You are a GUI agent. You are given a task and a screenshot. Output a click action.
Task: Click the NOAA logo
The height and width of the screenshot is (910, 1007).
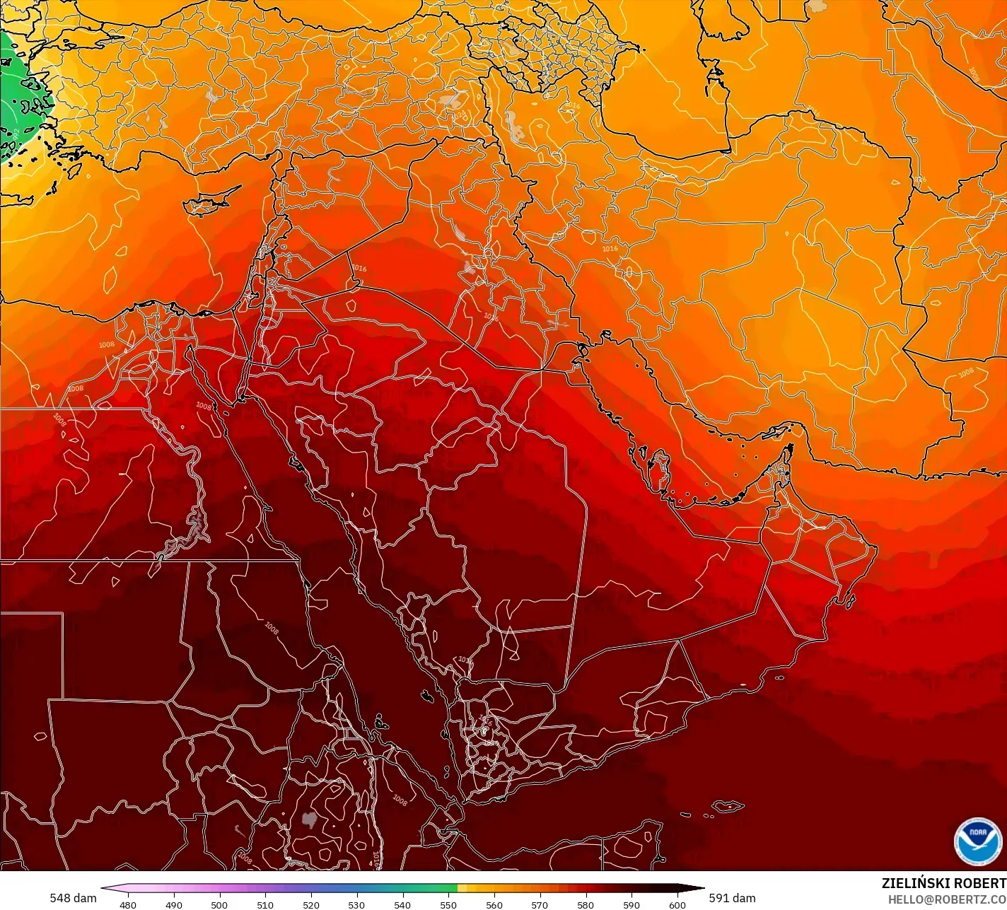[x=977, y=841]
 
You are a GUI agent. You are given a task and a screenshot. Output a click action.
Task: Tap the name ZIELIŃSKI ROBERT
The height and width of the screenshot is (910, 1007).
[x=943, y=884]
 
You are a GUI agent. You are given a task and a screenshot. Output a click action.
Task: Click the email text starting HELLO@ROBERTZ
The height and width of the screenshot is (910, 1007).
[x=947, y=899]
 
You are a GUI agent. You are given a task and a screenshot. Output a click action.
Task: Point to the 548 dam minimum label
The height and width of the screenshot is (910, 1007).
[x=73, y=898]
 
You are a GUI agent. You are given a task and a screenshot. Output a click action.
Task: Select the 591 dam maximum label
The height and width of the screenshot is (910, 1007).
[x=732, y=898]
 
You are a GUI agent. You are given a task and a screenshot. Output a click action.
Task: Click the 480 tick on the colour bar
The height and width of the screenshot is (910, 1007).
[x=128, y=904]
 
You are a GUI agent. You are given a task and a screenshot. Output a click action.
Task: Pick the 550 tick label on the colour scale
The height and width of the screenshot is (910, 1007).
[x=448, y=904]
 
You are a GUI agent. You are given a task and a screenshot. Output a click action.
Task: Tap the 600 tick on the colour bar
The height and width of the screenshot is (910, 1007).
[x=677, y=904]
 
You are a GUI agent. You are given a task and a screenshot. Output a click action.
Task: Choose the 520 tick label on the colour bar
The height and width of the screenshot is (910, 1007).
[x=311, y=904]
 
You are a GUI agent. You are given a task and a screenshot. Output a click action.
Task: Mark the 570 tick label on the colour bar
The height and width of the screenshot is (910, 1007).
[x=540, y=904]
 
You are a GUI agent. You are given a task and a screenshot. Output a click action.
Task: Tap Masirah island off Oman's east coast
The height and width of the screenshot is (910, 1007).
[x=849, y=601]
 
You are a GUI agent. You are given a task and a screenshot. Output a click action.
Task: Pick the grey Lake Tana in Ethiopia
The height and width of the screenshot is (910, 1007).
[x=308, y=820]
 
